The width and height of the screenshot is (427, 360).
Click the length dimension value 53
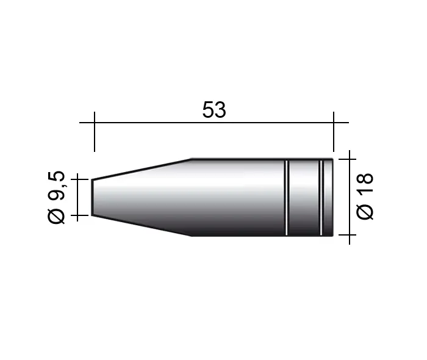point(214,110)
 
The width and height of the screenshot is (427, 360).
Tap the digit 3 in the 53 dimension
point(220,110)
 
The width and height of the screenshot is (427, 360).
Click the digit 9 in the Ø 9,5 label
point(57,194)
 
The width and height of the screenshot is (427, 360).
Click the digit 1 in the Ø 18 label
point(365,193)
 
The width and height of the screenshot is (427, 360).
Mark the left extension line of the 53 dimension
point(95,132)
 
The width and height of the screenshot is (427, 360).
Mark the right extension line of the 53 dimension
point(334,132)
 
